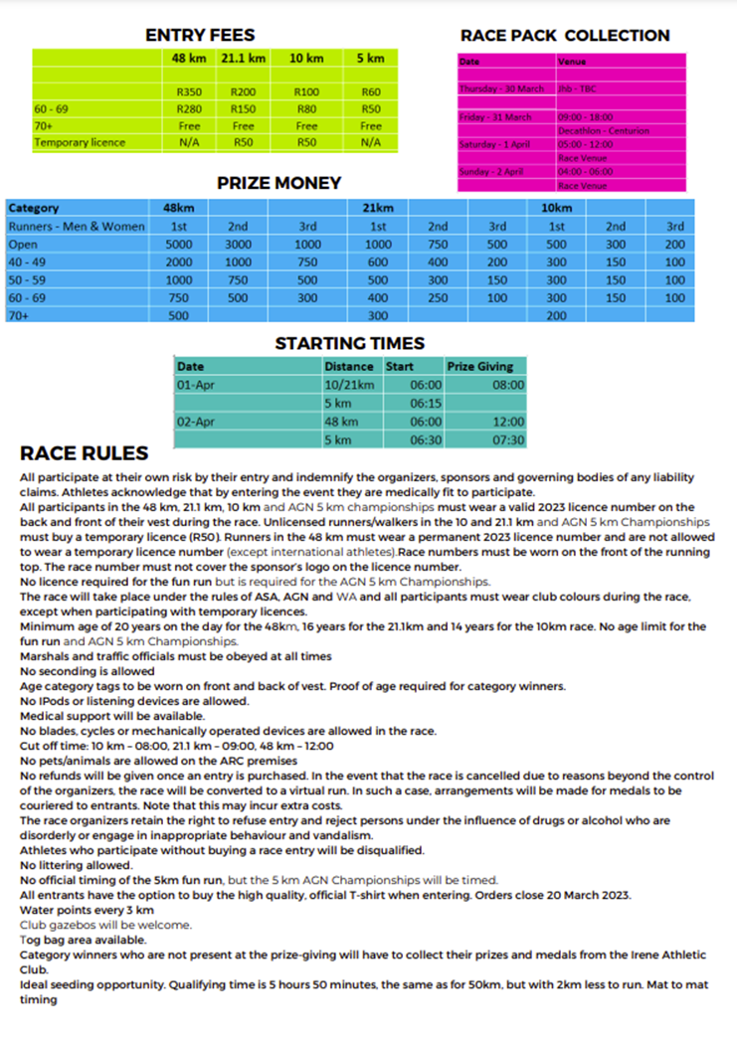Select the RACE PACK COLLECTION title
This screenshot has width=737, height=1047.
[564, 36]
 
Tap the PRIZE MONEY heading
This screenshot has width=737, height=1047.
[278, 183]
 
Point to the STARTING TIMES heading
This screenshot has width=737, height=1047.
[349, 344]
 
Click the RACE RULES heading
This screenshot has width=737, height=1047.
[85, 453]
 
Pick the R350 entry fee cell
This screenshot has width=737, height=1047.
[188, 92]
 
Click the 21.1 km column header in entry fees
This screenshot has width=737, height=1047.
[243, 59]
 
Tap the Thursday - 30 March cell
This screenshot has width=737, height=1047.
[501, 88]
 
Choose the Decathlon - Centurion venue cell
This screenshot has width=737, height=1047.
[604, 130]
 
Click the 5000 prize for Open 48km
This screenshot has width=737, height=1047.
[178, 244]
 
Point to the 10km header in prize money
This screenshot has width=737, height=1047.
[556, 208]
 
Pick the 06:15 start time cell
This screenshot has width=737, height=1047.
[425, 404]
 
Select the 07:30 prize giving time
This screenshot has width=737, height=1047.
[509, 439]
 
